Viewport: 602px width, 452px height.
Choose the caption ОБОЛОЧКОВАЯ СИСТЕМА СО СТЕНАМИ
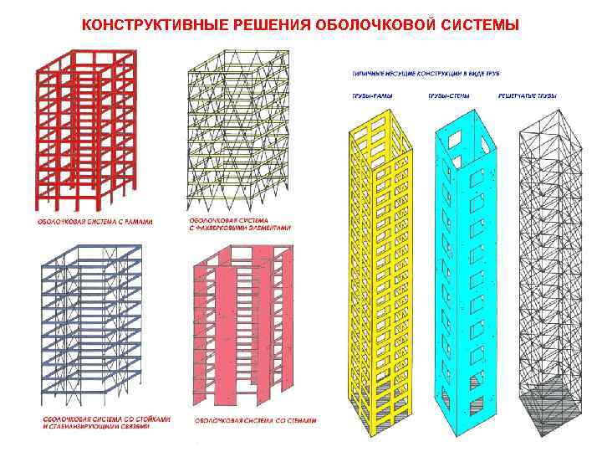click(255, 419)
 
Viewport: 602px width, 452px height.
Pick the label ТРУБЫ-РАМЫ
click(369, 96)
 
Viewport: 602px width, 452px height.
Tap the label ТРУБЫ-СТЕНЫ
click(449, 96)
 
